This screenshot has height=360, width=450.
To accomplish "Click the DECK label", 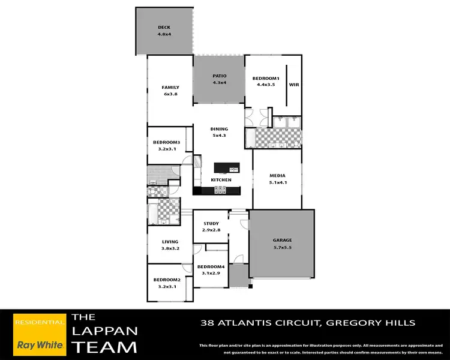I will [x=164, y=27].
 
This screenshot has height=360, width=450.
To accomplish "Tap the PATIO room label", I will [x=220, y=76].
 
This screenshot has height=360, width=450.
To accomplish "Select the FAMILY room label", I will [x=170, y=88].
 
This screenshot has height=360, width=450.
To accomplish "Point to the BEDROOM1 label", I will [x=266, y=79].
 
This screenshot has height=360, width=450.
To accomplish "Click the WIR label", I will [x=294, y=85].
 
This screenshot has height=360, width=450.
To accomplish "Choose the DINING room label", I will [x=219, y=129].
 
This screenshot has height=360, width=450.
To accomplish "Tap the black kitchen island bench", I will [x=225, y=168].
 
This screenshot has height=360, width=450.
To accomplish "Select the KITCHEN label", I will [x=221, y=180].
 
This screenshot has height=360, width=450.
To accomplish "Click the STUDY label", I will [x=211, y=224].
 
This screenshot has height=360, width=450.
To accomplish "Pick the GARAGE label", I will [x=282, y=240].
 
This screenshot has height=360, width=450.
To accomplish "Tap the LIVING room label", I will [x=170, y=242].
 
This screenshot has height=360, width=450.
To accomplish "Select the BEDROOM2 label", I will [x=167, y=280].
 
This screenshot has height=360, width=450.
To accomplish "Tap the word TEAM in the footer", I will [x=104, y=347].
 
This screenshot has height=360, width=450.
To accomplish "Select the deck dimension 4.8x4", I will [x=164, y=34].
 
